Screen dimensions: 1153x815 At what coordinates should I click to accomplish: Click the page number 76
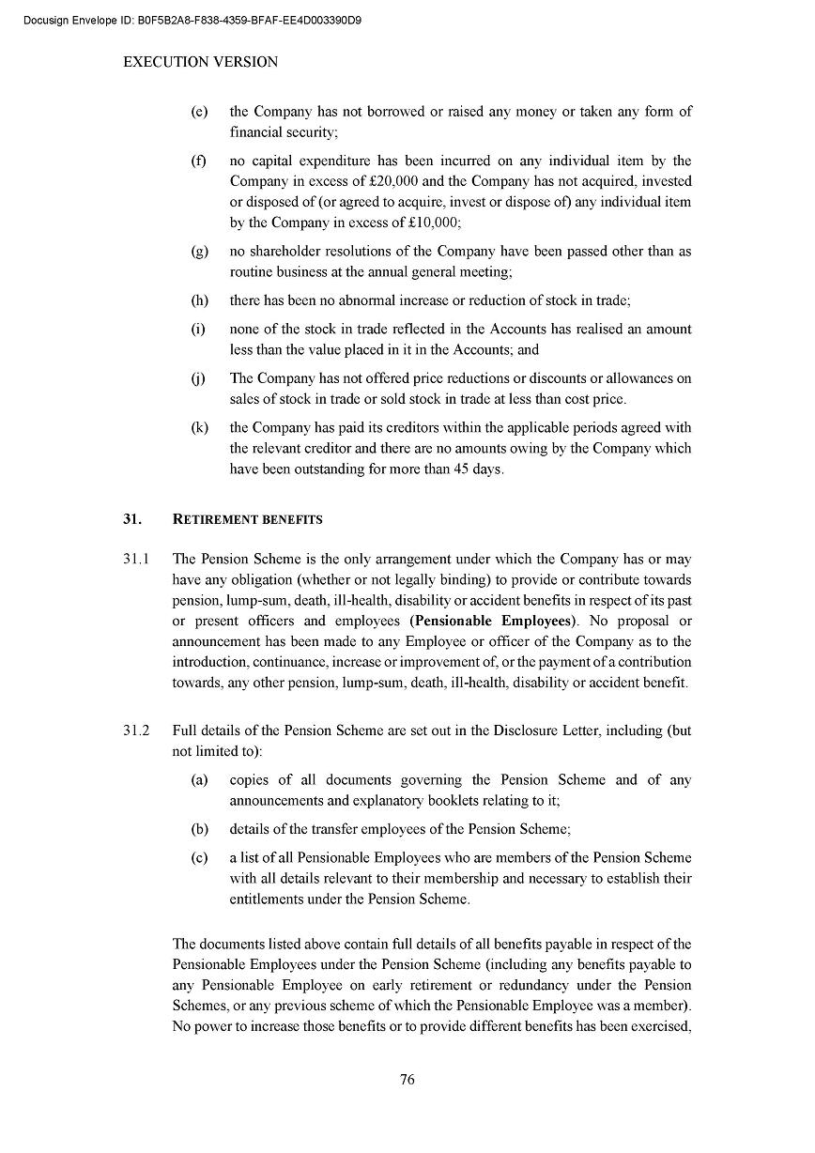(x=407, y=1080)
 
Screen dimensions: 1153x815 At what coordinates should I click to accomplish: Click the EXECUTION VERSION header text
(x=201, y=62)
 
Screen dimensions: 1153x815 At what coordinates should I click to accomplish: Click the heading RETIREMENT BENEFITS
(x=248, y=519)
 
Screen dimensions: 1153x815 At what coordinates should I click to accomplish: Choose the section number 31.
(x=131, y=519)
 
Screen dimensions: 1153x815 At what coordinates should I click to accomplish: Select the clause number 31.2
(x=136, y=730)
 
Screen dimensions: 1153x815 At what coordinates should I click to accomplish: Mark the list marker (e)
(x=199, y=112)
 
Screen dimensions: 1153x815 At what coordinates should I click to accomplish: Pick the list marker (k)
(x=199, y=428)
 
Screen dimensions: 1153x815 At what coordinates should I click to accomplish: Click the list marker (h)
(x=199, y=300)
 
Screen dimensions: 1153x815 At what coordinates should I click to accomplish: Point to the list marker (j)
(x=199, y=379)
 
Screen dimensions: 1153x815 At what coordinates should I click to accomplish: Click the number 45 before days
(x=463, y=469)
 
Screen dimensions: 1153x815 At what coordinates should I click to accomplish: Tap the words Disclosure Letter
(x=543, y=730)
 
